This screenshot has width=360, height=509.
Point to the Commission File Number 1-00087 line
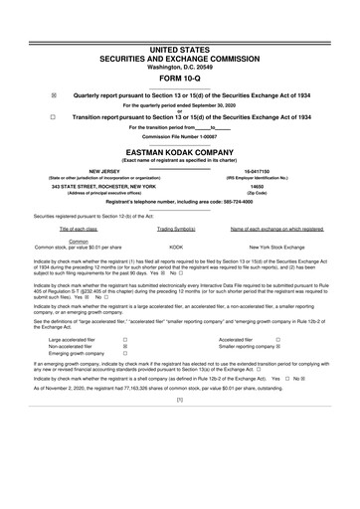pyautogui.click(x=180, y=136)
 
